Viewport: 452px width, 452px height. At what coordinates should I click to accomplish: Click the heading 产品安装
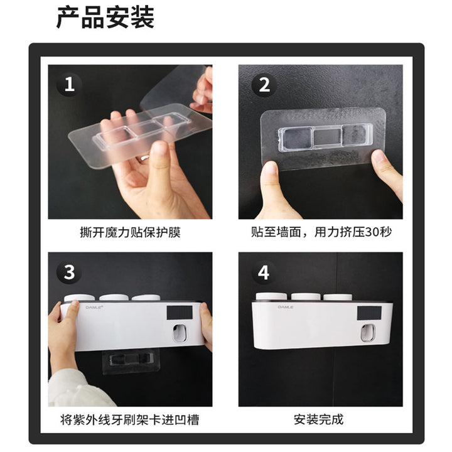pyautogui.click(x=105, y=18)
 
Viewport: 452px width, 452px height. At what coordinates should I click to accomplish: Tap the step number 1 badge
pyautogui.click(x=69, y=85)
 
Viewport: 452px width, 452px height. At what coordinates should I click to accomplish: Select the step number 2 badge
pyautogui.click(x=264, y=85)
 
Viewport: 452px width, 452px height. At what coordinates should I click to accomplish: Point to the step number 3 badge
pyautogui.click(x=69, y=272)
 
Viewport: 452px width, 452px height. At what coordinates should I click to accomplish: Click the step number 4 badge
pyautogui.click(x=264, y=272)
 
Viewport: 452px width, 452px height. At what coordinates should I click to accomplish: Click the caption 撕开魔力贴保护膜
pyautogui.click(x=131, y=232)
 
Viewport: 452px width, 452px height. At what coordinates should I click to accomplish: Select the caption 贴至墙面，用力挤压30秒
pyautogui.click(x=321, y=232)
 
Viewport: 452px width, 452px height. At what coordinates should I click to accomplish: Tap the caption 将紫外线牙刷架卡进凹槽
pyautogui.click(x=130, y=420)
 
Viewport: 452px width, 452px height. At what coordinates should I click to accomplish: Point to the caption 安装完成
pyautogui.click(x=318, y=419)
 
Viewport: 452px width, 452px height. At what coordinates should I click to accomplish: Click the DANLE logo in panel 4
pyautogui.click(x=286, y=307)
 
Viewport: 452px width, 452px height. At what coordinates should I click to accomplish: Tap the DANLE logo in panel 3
pyautogui.click(x=94, y=307)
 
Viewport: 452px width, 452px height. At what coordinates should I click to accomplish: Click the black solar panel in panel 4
pyautogui.click(x=369, y=313)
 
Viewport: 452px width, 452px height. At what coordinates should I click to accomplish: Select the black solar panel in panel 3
pyautogui.click(x=180, y=313)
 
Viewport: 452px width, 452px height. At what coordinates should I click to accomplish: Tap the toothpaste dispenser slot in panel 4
pyautogui.click(x=368, y=333)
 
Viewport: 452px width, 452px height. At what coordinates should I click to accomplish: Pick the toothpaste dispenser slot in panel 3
pyautogui.click(x=180, y=333)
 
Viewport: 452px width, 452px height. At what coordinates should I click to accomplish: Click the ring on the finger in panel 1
pyautogui.click(x=144, y=158)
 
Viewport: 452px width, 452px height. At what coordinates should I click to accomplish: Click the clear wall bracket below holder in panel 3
pyautogui.click(x=131, y=362)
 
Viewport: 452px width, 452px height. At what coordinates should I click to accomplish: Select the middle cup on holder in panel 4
pyautogui.click(x=306, y=297)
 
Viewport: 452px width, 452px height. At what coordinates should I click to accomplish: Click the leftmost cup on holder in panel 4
pyautogui.click(x=271, y=296)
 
